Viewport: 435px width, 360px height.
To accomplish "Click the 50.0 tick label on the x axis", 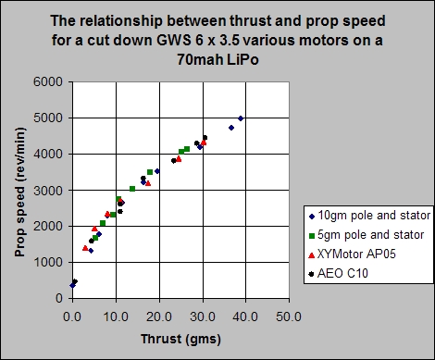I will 288,316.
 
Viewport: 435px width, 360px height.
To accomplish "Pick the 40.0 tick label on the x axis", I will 244,316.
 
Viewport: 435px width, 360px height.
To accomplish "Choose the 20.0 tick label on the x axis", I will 158,316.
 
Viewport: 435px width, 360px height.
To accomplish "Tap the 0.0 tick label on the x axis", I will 72,316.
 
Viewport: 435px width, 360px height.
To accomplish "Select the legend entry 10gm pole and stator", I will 366,215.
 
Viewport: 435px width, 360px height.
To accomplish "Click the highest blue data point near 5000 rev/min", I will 241,118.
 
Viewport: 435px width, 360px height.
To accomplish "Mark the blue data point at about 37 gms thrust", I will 230,128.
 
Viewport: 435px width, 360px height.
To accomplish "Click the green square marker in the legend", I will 310,234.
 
